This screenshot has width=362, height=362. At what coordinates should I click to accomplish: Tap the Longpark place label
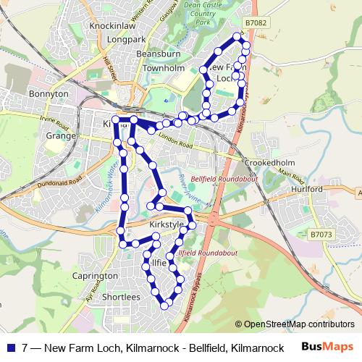click(126, 39)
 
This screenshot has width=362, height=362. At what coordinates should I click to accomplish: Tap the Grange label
click(61, 135)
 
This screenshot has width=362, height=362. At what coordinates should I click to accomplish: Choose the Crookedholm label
click(268, 163)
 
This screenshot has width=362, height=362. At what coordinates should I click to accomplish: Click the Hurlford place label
click(306, 189)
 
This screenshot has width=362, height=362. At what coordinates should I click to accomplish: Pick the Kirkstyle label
click(163, 225)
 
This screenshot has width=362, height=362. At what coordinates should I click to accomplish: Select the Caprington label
click(95, 276)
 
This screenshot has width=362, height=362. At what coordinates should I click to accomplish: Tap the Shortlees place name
click(121, 297)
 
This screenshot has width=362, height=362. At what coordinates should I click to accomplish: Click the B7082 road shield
click(256, 24)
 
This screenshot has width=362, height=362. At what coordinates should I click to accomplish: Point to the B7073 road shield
click(321, 234)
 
